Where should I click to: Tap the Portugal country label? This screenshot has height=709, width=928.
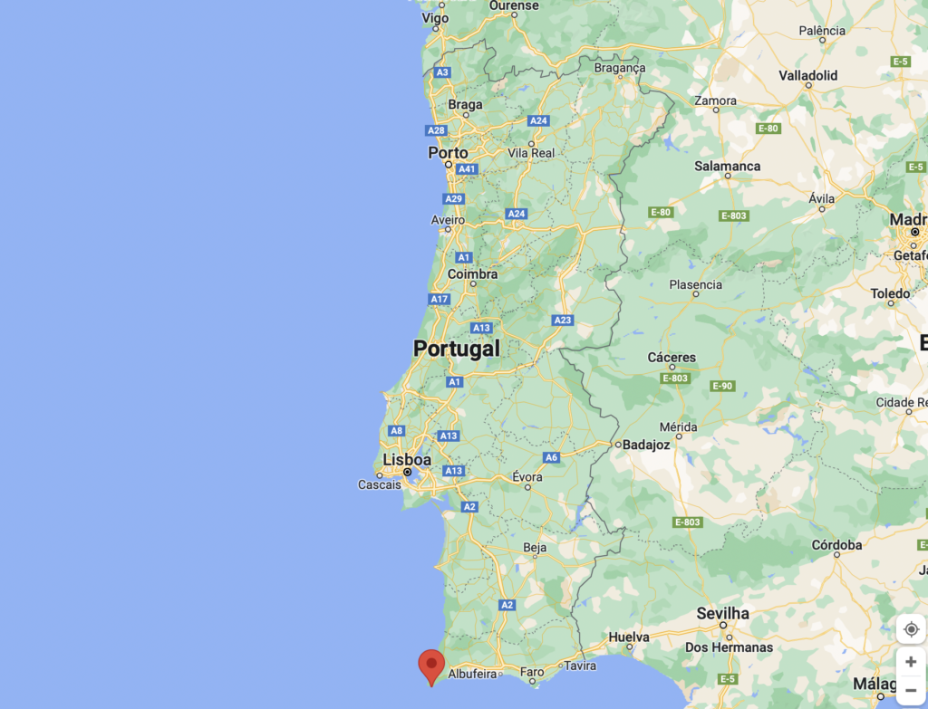coord(456,349)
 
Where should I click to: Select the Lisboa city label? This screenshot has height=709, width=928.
coord(407,460)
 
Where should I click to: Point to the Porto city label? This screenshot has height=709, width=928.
coord(448,153)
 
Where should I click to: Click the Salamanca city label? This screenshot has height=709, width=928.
coord(727,167)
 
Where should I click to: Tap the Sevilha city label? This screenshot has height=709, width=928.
coord(722,613)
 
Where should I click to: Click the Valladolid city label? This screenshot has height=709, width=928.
coord(807,76)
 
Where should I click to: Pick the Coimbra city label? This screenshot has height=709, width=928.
coord(472,273)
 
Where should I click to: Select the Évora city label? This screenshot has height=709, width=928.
coord(527,477)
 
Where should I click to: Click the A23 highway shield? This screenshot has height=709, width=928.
coord(562,320)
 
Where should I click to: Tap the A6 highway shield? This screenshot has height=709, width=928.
coord(551,457)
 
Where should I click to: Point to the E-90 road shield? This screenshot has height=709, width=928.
coord(721,386)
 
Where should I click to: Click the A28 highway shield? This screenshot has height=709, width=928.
coord(437,130)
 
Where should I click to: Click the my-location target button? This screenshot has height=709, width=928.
coord(911,629)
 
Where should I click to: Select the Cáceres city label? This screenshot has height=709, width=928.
coord(672,358)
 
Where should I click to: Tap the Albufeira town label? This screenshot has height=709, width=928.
coord(473,674)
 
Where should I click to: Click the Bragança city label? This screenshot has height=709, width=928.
coord(620,68)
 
